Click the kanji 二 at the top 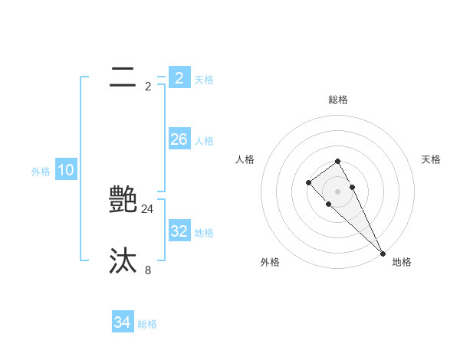[123, 77]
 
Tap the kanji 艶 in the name [123, 199]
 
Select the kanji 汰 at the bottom [123, 261]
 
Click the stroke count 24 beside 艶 [148, 208]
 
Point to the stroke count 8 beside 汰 [148, 270]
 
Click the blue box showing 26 [179, 139]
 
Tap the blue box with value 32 [179, 231]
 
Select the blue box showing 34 [122, 322]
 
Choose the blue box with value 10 [66, 170]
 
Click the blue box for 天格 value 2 [179, 77]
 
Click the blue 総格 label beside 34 [147, 324]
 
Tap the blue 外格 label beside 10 [41, 172]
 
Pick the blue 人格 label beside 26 [204, 141]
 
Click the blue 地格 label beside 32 [204, 233]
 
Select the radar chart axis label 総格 [338, 100]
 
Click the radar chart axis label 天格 [431, 159]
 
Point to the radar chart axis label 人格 [245, 159]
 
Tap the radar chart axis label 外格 [270, 262]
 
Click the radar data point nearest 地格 [383, 254]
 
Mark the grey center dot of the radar [338, 191]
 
